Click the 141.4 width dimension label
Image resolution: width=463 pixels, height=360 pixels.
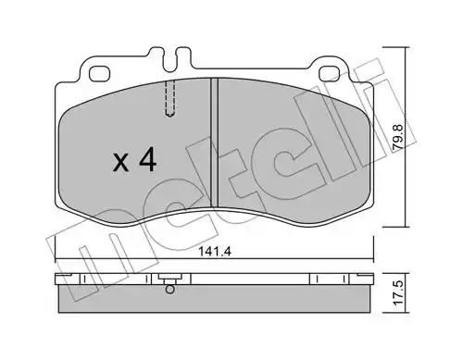point(215,252)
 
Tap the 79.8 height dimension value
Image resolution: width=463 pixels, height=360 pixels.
point(398,137)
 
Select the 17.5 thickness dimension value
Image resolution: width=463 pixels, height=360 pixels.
point(398,292)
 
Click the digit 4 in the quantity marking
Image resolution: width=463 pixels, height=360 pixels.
point(147,159)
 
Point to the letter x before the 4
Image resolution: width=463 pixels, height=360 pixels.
point(120,163)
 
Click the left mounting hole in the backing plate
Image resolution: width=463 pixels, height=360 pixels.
point(99,74)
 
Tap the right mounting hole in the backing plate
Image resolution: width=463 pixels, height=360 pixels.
point(330,74)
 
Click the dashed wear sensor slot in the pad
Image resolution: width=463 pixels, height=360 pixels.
point(169,98)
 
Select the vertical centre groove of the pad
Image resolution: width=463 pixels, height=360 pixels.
point(214,143)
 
